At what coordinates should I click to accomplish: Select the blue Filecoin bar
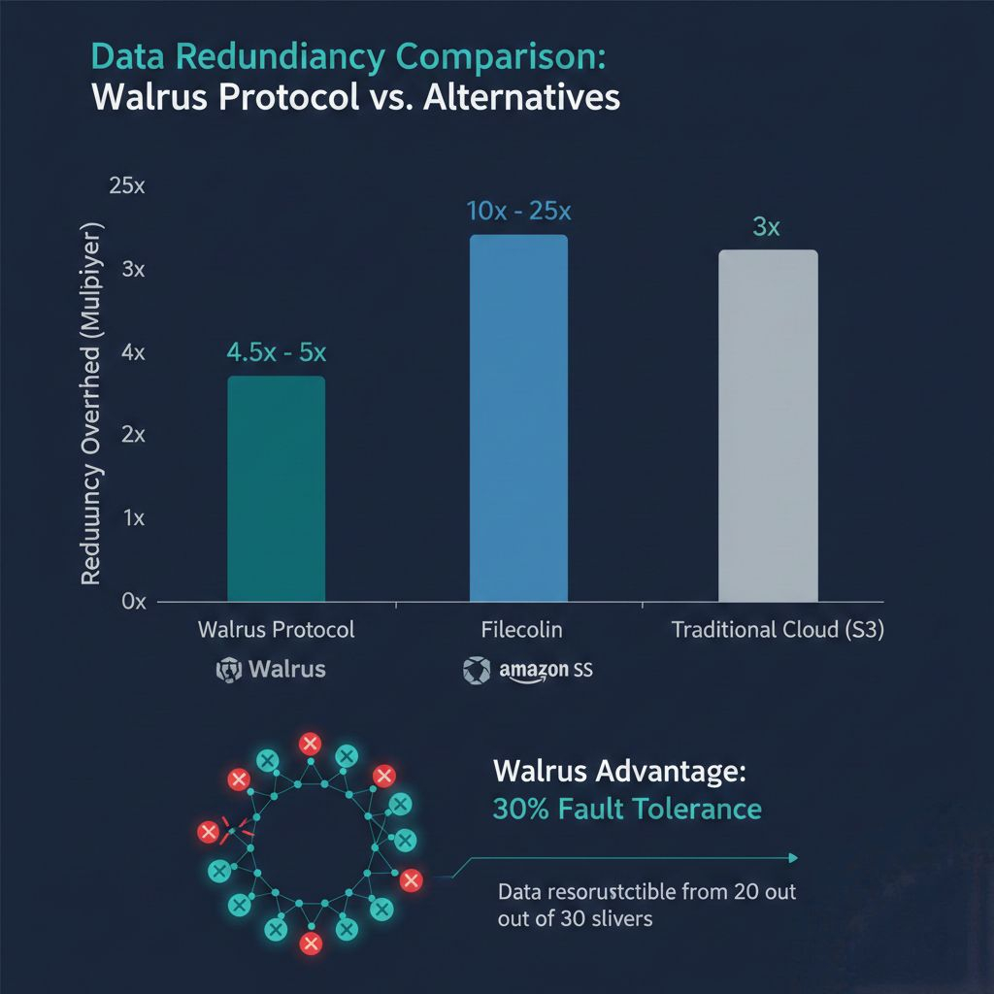(518, 417)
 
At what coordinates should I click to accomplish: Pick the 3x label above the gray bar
(767, 228)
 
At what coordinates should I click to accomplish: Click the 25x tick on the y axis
(126, 186)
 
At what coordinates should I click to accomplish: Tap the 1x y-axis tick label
(133, 518)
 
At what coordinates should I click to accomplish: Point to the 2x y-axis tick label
(133, 435)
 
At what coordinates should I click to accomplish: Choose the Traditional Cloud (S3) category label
(778, 630)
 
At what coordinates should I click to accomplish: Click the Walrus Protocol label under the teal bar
(277, 630)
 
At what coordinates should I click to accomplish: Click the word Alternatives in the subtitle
(519, 98)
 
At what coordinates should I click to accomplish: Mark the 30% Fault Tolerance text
(627, 808)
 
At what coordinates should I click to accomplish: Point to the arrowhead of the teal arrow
(793, 857)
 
